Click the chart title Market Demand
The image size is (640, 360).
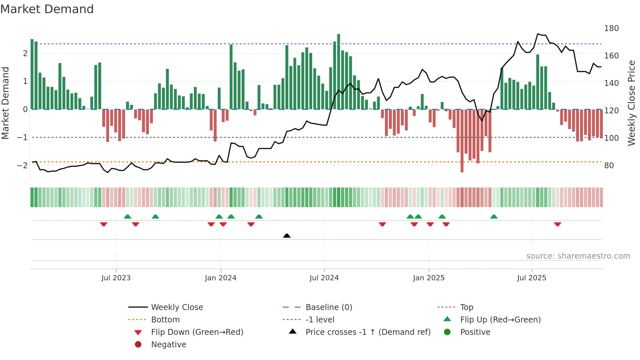coord(47,9)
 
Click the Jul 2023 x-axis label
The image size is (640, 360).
coord(116,278)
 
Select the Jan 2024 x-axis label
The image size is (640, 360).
coord(220,278)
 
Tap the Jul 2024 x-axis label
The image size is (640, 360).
coord(324,278)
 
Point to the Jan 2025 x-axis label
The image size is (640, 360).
coord(428,278)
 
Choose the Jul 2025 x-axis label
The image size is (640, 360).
coord(532,278)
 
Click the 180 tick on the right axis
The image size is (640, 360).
coord(611,28)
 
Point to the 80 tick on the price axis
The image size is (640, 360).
coord(609,166)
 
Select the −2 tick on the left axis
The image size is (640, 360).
coord(22,165)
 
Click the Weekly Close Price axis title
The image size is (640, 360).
coord(632,103)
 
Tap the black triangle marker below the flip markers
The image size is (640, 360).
coord(287,236)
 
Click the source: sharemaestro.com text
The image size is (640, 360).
coord(578,256)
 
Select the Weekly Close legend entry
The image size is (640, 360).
coord(177,307)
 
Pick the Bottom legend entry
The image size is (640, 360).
coord(165,320)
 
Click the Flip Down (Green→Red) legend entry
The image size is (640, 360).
coord(197,332)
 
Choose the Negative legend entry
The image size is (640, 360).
coord(168,345)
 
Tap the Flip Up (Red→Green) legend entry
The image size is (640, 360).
coord(500,320)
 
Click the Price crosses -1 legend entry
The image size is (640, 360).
coord(368,332)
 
